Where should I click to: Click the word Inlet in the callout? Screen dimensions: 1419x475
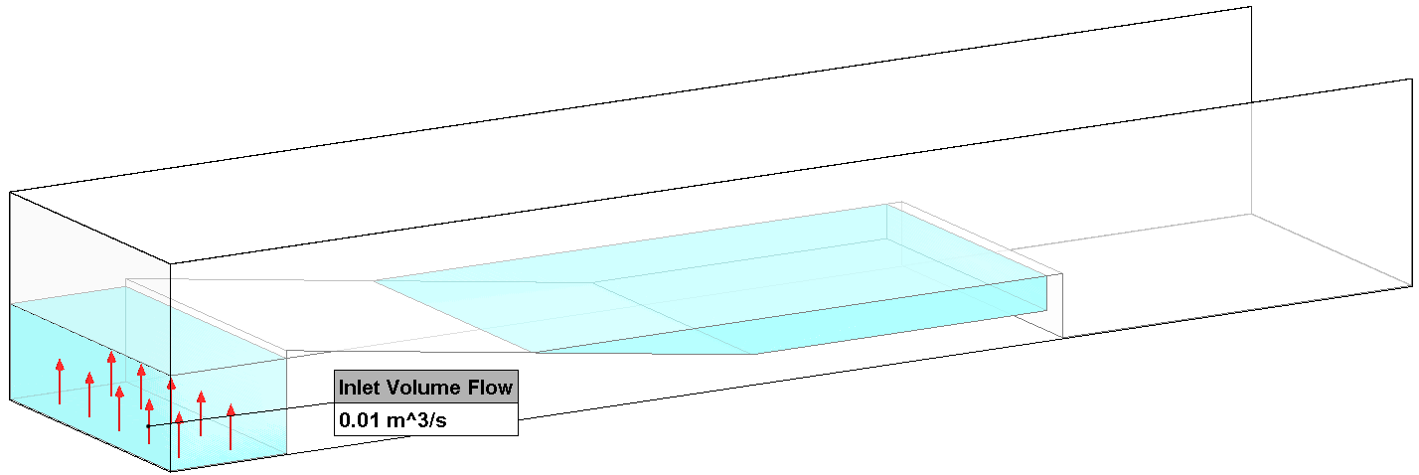(x=359, y=387)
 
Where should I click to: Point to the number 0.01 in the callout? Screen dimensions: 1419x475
(x=359, y=420)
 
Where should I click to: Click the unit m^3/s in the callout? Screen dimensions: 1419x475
(x=417, y=420)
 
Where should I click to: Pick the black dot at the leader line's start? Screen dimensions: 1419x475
(x=148, y=426)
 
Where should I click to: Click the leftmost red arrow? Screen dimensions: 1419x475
(x=60, y=382)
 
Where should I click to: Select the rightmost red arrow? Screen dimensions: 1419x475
(x=231, y=426)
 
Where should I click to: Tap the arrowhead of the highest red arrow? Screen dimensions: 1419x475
(x=111, y=357)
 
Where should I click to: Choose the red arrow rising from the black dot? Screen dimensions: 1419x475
(x=149, y=421)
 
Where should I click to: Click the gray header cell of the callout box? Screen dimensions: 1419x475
(x=426, y=387)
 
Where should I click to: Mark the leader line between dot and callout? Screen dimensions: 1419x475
(x=241, y=414)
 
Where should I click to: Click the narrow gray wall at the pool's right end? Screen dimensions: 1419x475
(x=1054, y=305)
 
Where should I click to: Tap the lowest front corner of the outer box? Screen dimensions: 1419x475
(x=171, y=471)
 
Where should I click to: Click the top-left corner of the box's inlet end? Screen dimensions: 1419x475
(x=10, y=192)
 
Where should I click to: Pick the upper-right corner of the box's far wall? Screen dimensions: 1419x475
(x=1251, y=7)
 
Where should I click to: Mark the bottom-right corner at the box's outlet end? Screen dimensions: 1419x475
(x=1413, y=286)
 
